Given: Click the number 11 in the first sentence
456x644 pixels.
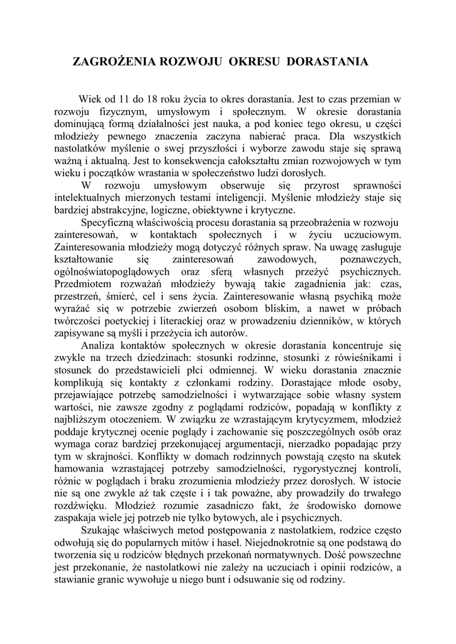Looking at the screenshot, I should tap(129, 99).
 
